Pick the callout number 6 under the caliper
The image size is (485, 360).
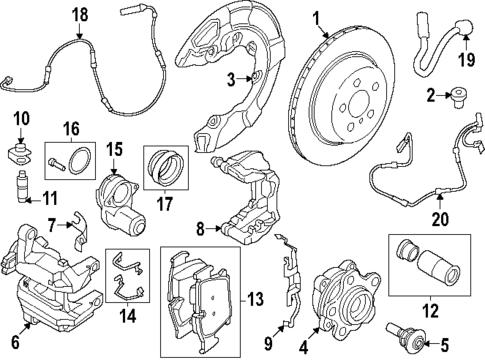(x=14, y=340)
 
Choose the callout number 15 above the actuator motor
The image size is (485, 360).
(x=114, y=151)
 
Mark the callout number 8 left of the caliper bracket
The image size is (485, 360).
(x=199, y=229)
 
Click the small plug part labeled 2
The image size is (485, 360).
(x=459, y=97)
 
